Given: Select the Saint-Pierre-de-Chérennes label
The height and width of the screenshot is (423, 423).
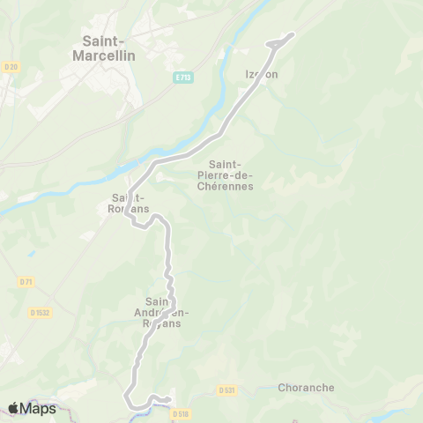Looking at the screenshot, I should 232,174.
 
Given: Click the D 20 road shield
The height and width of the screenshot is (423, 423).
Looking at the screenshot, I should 11,66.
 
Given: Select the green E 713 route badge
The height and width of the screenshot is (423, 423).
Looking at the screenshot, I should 182,78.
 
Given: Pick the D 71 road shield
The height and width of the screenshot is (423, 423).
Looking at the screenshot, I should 25,281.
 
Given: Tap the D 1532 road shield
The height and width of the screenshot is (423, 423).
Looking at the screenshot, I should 38,311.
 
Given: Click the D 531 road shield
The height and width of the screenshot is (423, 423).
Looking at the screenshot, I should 226,389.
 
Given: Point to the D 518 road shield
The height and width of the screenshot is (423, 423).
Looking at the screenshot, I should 181,412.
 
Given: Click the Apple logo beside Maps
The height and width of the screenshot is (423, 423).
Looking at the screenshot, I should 14,408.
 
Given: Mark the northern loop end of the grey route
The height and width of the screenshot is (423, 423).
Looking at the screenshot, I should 291,35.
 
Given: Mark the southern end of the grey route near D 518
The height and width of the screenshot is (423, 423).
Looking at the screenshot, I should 167,401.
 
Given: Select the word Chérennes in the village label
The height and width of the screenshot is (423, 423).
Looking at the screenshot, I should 232,186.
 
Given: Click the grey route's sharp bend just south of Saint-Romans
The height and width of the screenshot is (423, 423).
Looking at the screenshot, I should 134,224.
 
